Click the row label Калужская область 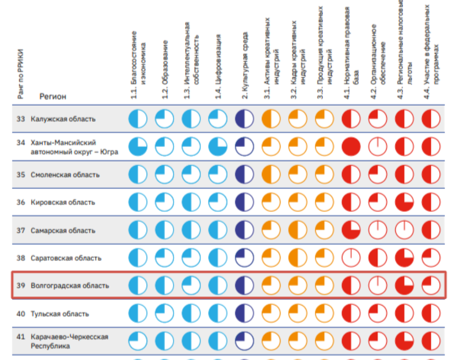tap(63, 119)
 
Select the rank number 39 tap(21, 286)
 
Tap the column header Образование tap(165, 69)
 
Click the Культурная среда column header tap(245, 64)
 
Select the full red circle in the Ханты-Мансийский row tap(351, 147)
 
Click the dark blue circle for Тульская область tap(244, 314)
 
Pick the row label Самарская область tap(63, 231)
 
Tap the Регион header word tap(53, 97)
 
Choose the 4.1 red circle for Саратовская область tap(351, 258)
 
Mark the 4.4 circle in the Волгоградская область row tap(431, 286)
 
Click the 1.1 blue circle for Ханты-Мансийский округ tap(138, 147)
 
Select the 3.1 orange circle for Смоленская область tap(271, 175)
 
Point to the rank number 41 tap(21, 337)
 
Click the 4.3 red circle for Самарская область tap(404, 231)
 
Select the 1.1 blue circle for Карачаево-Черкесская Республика tap(138, 341)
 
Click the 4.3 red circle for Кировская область tap(404, 203)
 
